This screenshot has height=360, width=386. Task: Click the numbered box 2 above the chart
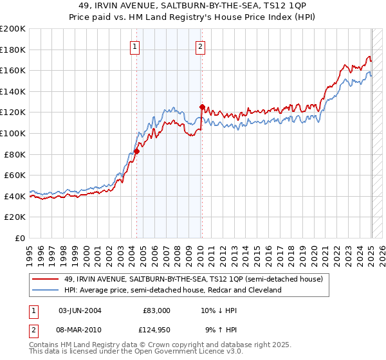[x=201, y=46]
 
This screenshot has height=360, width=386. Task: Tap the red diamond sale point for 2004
[x=136, y=152]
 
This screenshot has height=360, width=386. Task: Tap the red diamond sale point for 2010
[x=202, y=107]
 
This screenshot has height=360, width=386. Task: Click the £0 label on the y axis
[x=20, y=238]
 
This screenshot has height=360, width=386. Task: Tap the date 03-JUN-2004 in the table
[x=80, y=310]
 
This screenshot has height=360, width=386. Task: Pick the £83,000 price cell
[x=154, y=310]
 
